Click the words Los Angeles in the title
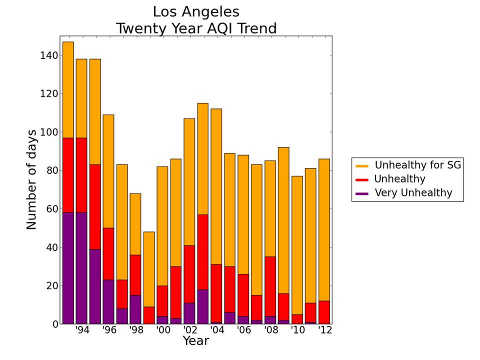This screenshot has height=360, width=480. [x=196, y=12]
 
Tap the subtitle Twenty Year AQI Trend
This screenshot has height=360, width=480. [x=196, y=28]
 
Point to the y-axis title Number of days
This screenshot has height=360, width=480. [x=31, y=179]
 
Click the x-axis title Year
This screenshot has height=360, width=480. [x=195, y=341]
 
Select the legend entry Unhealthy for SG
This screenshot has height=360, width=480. [x=418, y=165]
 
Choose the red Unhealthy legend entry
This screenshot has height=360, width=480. [x=399, y=179]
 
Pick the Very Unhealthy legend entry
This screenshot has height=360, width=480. [x=413, y=193]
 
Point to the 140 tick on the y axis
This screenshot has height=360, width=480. [x=48, y=55]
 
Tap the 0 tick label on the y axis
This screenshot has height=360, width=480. [x=55, y=324]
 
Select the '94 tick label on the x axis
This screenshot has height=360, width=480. [x=81, y=330]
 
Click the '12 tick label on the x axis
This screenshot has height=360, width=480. [x=325, y=330]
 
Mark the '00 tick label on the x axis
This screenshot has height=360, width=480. [x=162, y=330]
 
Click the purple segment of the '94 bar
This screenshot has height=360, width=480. [x=81, y=268]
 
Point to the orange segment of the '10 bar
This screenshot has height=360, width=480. [x=297, y=245]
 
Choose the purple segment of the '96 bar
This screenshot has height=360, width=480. [x=108, y=302]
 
